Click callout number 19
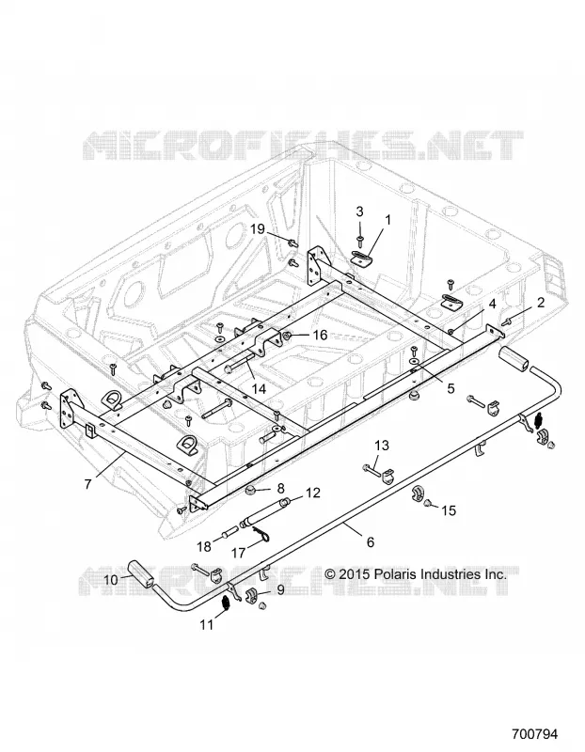[258, 228]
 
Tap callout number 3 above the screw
[359, 211]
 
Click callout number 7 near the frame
[87, 484]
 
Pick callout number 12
[313, 493]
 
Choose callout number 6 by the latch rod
[370, 542]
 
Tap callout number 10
[110, 580]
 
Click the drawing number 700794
[534, 734]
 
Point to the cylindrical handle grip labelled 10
[141, 573]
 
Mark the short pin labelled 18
[228, 532]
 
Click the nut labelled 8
[251, 490]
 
